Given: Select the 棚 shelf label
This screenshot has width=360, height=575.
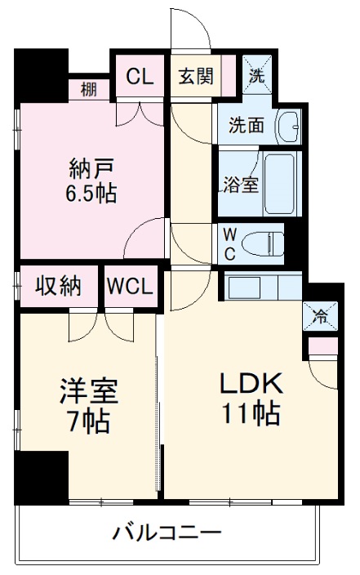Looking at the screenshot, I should pyautogui.click(x=89, y=89).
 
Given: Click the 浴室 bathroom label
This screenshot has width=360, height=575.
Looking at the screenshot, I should pyautogui.click(x=241, y=184).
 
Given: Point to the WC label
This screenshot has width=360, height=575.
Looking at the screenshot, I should pyautogui.click(x=230, y=243).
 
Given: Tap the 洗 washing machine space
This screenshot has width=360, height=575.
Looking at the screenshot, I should pyautogui.click(x=257, y=78).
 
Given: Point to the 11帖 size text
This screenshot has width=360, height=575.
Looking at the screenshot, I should pyautogui.click(x=251, y=413).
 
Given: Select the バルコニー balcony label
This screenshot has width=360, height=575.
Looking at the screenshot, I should pyautogui.click(x=167, y=534).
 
